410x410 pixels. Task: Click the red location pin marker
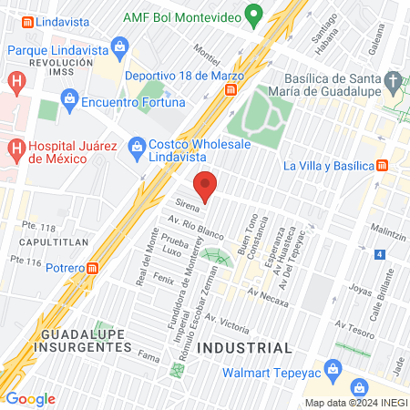[207, 185]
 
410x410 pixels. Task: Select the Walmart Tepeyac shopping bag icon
[333, 369]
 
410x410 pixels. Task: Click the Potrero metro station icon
[93, 268]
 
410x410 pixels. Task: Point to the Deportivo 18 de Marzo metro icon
[232, 89]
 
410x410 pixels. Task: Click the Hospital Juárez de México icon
[15, 146]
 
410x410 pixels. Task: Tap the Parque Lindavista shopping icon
[119, 45]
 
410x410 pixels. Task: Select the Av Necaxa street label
[267, 293]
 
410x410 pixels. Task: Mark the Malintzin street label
[388, 234]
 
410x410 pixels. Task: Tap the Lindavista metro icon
[28, 20]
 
